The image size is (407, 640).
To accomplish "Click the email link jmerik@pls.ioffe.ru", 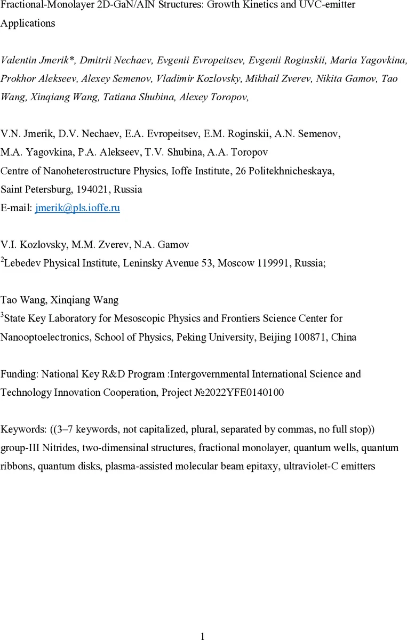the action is click(77, 208).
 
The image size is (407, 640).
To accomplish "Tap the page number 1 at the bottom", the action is click(203, 635).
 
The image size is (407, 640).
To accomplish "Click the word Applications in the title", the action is click(28, 23).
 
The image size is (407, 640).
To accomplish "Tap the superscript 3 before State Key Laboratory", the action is click(2, 316).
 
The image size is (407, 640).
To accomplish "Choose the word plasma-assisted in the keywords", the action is click(135, 466).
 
